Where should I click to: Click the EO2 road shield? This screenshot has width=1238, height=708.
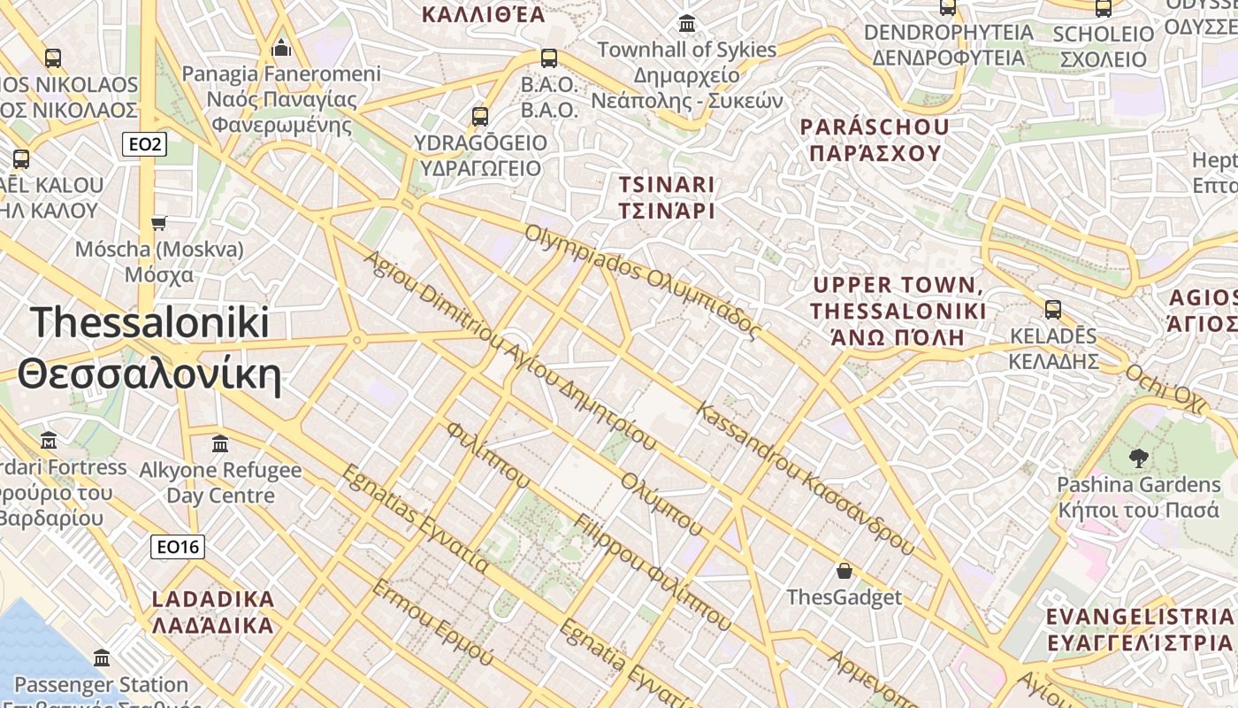(x=143, y=143)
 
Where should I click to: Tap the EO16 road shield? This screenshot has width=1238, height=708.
(x=178, y=547)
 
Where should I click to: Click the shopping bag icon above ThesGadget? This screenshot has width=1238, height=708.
(x=844, y=571)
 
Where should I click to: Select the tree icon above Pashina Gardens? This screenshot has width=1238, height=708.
(x=1139, y=458)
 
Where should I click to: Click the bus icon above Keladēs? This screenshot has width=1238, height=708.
(x=1052, y=310)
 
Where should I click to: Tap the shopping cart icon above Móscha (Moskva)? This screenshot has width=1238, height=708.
(x=159, y=222)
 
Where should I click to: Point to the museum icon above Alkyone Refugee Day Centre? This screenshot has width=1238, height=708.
(x=220, y=442)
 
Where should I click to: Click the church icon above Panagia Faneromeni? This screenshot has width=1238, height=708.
(x=281, y=47)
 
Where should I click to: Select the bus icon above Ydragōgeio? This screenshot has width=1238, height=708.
(x=480, y=116)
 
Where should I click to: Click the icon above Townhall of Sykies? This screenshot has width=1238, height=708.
(x=686, y=23)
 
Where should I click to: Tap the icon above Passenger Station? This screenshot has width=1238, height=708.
(x=101, y=658)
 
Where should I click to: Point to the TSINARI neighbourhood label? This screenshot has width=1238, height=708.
(x=667, y=197)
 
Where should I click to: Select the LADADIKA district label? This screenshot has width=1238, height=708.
(x=213, y=612)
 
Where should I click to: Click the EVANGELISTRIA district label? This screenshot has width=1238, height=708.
(x=1138, y=629)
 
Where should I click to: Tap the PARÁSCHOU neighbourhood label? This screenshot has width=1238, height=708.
(x=875, y=139)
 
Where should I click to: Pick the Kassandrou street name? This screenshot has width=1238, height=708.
(x=805, y=479)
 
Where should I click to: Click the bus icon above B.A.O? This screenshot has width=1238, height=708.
(x=549, y=58)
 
